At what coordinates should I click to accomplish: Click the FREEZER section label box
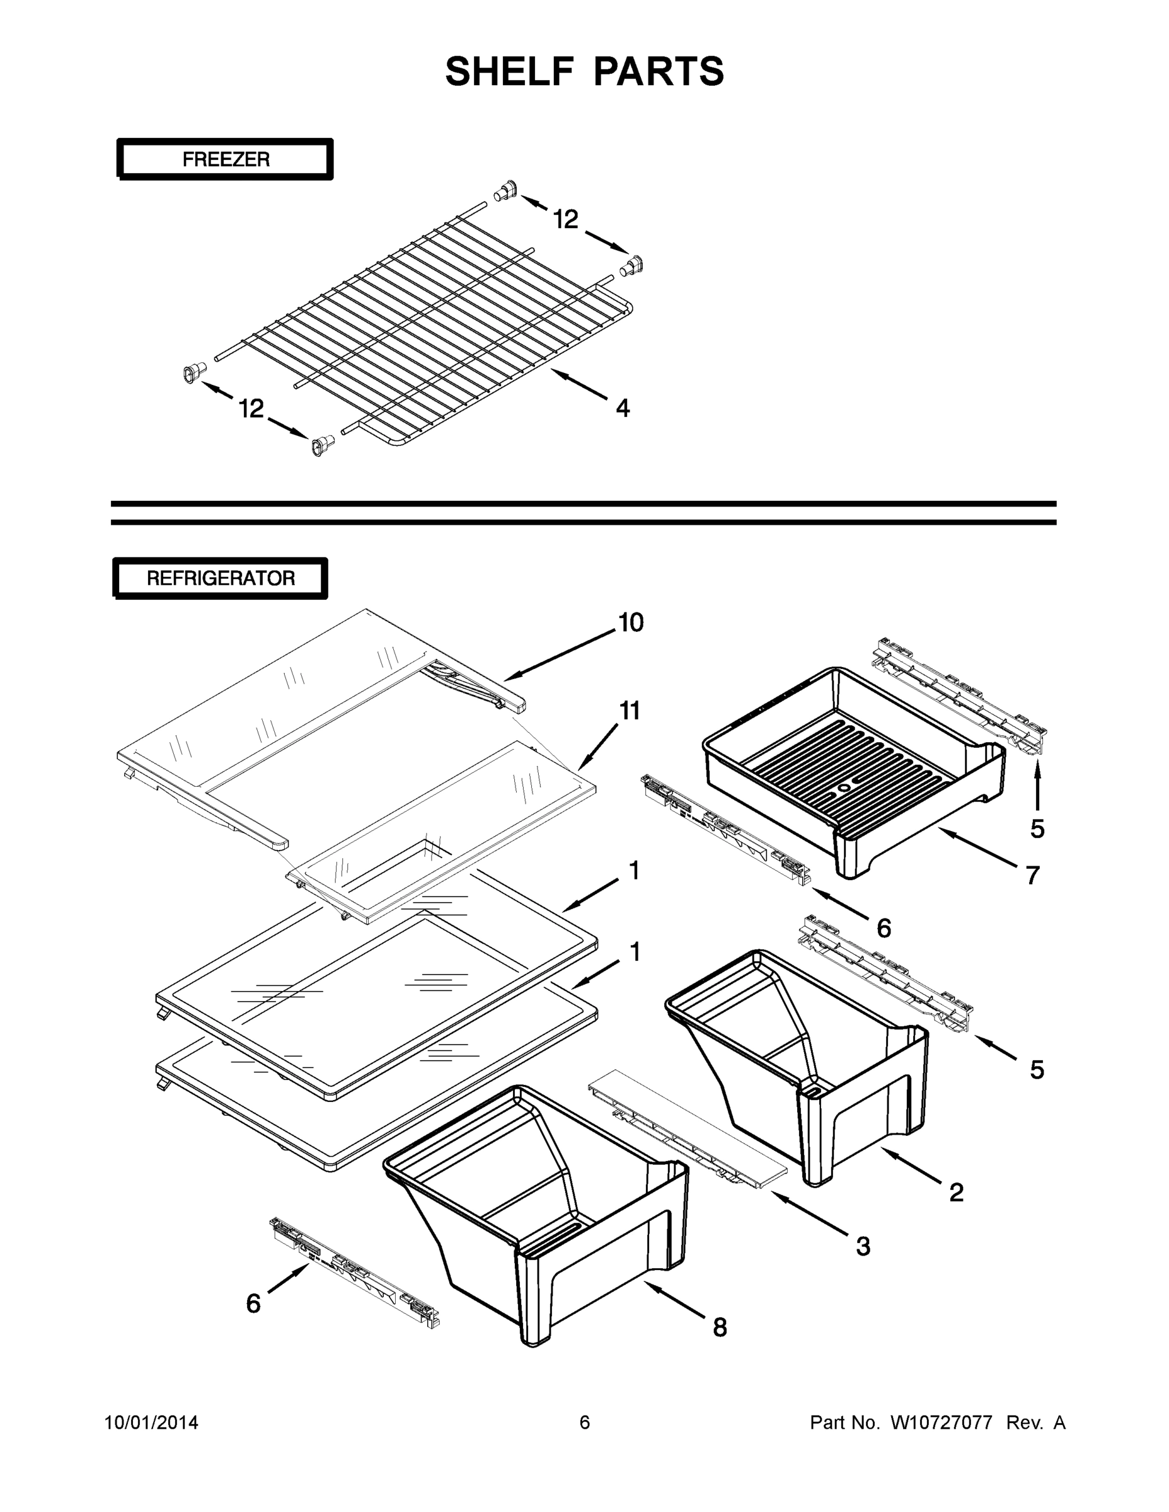[225, 159]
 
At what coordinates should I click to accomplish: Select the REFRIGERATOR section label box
[220, 578]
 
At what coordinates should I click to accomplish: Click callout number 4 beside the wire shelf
[623, 408]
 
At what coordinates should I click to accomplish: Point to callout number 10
[630, 622]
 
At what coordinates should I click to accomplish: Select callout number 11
[629, 711]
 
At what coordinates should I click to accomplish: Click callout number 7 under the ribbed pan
[1033, 875]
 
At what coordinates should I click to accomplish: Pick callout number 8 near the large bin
[720, 1327]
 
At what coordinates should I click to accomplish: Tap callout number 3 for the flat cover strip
[862, 1246]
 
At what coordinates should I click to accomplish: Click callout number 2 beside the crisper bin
[956, 1191]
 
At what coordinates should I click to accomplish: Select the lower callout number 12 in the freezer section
[251, 408]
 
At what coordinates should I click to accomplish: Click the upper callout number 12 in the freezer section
[565, 219]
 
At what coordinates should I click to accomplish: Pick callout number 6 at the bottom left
[253, 1303]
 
